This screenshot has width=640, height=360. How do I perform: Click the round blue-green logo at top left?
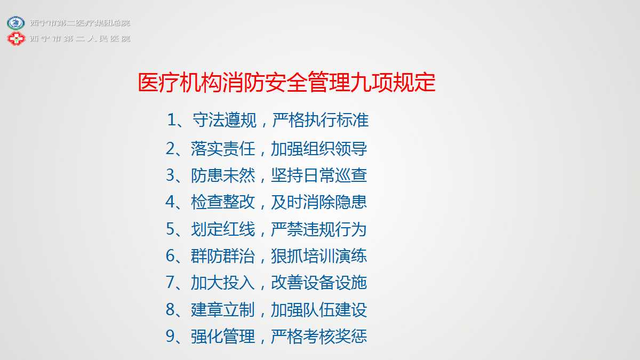pos(15,23)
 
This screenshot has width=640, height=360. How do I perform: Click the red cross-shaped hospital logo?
pos(16,38)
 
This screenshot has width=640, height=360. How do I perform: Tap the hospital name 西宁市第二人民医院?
pos(81,38)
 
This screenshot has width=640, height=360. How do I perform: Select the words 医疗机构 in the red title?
pos(180,83)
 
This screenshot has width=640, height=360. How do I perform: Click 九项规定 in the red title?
pos(393,83)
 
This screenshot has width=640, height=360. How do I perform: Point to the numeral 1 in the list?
pos(171,119)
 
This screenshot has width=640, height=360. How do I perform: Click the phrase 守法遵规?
pos(225,119)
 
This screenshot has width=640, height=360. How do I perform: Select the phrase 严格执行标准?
pos(321,119)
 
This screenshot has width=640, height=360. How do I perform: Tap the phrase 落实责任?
pos(223,149)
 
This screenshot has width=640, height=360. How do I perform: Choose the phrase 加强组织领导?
pos(319,149)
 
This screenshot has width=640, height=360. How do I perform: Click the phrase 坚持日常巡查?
pos(319,175)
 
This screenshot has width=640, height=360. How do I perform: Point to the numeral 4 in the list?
pos(170,202)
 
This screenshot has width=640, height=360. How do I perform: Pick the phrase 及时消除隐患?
pos(319,202)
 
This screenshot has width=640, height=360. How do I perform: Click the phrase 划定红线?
pos(223,229)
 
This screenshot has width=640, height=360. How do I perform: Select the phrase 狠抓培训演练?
pos(319,255)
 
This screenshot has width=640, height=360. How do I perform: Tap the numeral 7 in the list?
pos(170,282)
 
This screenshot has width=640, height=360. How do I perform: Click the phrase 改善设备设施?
pos(319,282)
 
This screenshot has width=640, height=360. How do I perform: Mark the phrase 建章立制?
pos(223,309)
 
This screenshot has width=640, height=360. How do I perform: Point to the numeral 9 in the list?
pos(170,336)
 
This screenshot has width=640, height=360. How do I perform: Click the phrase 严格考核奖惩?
pos(319,336)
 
